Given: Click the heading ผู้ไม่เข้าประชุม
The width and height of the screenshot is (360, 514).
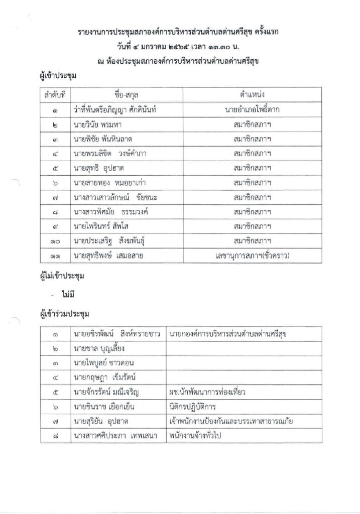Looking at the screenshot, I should click(x=61, y=276).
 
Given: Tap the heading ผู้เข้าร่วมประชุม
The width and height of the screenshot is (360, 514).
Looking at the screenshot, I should click(x=63, y=315).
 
